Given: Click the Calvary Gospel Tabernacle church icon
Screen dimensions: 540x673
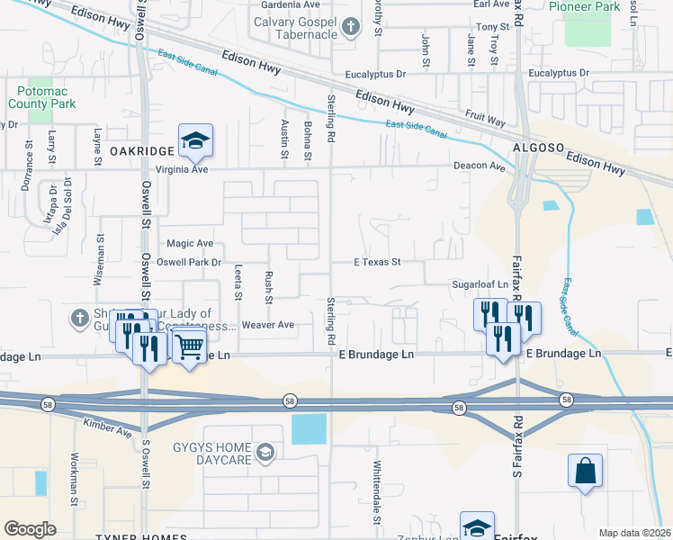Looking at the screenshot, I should pos(353,28).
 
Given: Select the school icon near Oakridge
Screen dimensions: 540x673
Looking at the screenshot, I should pos(194,140).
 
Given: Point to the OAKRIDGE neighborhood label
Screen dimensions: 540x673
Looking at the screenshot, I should pos(141,151).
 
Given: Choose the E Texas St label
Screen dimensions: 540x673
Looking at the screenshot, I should pos(376,263).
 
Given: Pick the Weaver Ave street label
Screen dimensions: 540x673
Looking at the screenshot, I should pos(268,324).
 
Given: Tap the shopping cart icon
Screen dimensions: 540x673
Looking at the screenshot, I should pos(189,345).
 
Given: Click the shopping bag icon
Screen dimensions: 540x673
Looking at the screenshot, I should pos(585,471).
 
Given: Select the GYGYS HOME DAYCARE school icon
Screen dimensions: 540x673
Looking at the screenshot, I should pos(265,452).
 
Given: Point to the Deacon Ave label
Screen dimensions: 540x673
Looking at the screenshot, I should pos(479,166).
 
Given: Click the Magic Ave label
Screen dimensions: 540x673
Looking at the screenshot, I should pos(190,244).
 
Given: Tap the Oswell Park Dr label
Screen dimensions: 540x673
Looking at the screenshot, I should pos(189,263).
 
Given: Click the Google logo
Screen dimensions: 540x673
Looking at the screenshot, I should pos(30,529).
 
